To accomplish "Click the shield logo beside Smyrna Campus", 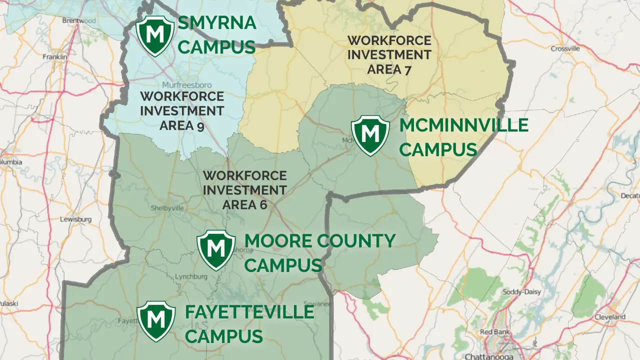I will pos(155,35).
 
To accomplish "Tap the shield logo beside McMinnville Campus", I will pos(370,135).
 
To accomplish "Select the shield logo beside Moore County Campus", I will pos(216,250).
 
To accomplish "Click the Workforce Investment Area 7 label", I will pos(389,55).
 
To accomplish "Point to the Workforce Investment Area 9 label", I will pos(181,110).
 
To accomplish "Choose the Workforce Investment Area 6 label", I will pos(244,190).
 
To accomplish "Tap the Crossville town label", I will pos(565,48).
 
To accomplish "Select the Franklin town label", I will pos(54,57).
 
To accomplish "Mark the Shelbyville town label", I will pos(167,208).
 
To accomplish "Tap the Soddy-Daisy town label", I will pos(522,292).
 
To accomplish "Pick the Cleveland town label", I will pos(610,317).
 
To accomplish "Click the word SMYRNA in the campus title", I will pos(217,23).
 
